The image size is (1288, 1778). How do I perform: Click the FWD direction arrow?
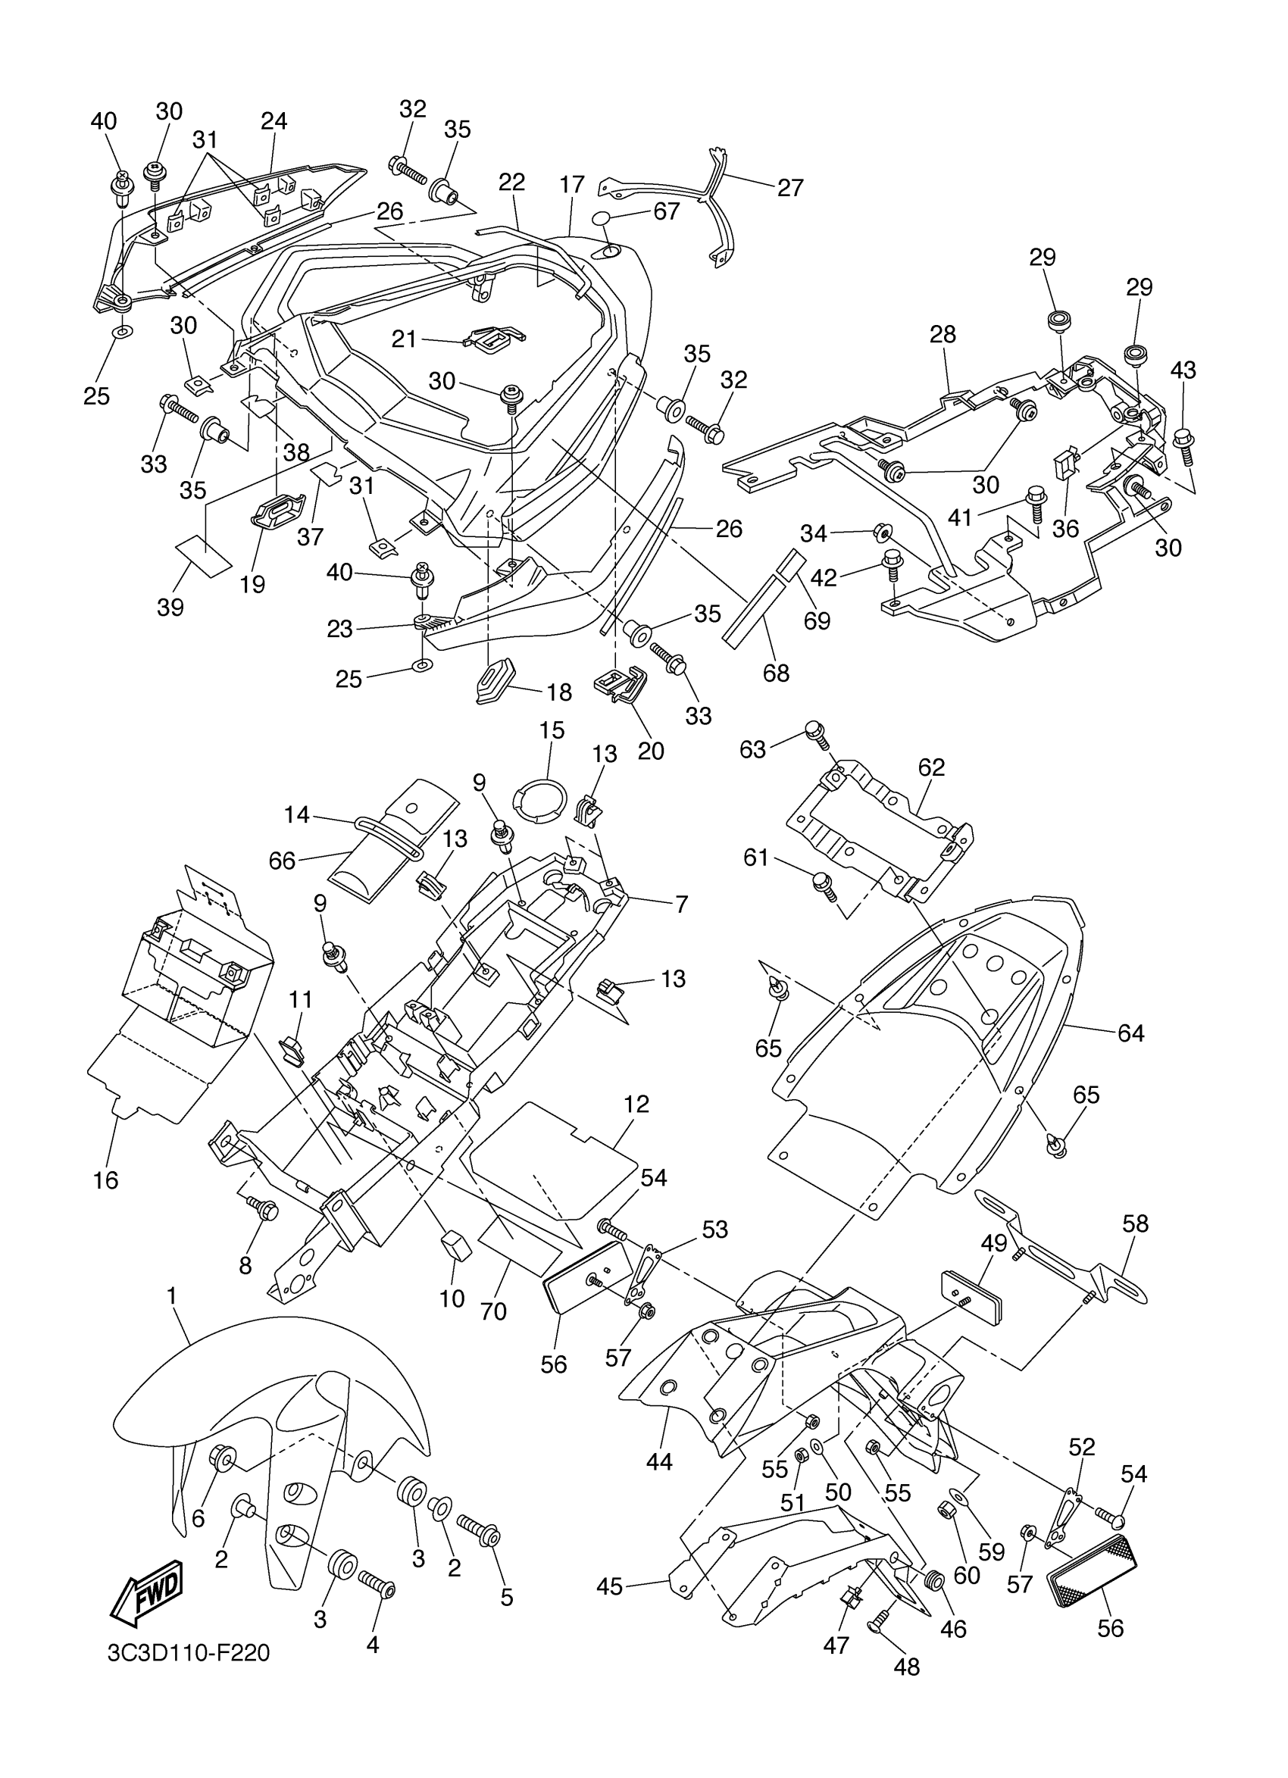click(148, 1594)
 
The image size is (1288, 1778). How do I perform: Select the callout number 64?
click(1130, 1033)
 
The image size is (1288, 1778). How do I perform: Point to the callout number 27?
click(790, 187)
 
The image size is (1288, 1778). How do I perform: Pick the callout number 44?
click(659, 1462)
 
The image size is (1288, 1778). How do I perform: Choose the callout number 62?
click(931, 767)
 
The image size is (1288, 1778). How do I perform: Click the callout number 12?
click(636, 1104)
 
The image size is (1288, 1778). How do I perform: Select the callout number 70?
click(493, 1311)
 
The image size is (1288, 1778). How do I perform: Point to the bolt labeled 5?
click(481, 1529)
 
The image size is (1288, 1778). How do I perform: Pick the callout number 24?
click(274, 120)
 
